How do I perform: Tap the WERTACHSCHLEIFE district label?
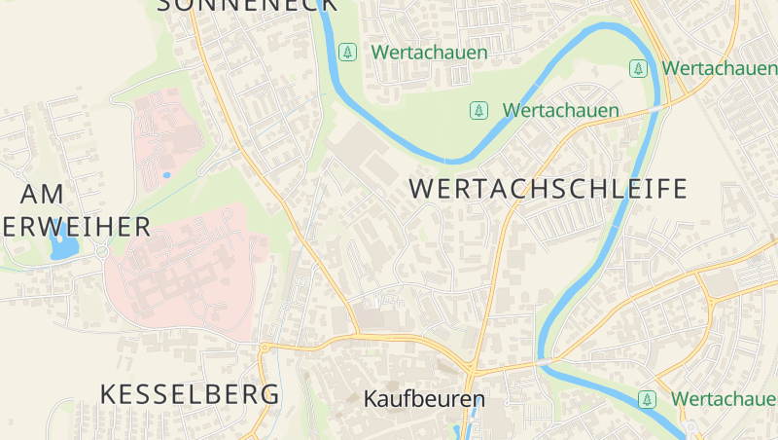(548, 189)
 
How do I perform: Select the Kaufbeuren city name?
(424, 399)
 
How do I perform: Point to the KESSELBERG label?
(190, 394)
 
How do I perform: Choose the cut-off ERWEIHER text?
(76, 227)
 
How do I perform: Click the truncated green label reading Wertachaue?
(724, 399)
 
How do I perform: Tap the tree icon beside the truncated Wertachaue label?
(647, 399)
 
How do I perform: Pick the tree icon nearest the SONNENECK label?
(347, 52)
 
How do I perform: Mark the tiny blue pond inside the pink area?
(166, 175)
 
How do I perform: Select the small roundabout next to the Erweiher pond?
(102, 252)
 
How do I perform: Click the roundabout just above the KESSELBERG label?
(264, 347)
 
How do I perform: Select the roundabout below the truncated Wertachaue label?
(689, 429)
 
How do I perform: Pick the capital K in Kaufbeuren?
(371, 399)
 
